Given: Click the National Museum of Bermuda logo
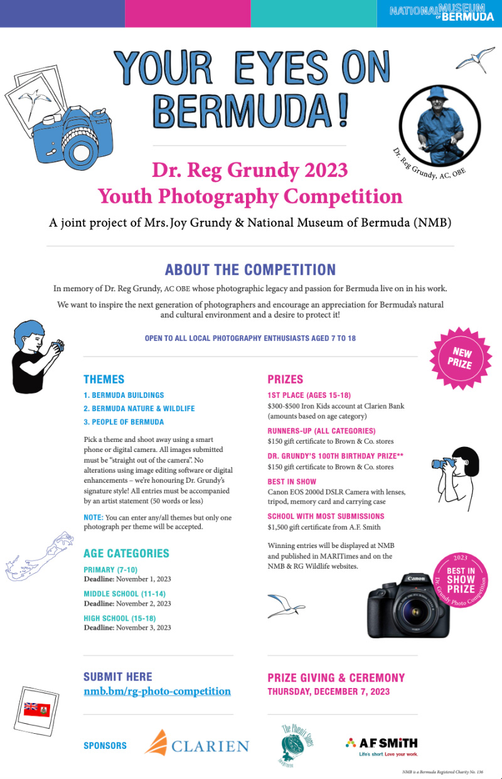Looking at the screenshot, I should tap(441, 13).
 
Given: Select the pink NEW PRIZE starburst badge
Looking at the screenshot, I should tap(459, 356).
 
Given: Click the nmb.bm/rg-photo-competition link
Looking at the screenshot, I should tap(157, 691).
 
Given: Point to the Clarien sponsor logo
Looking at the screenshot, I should tap(196, 744).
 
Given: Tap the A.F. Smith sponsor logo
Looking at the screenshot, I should tap(381, 744).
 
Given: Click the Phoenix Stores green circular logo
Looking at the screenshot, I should tap(297, 745).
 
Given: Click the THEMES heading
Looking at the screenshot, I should tap(104, 379).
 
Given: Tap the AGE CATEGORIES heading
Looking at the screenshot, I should tap(126, 553).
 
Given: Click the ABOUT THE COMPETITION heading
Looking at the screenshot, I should tap(250, 270).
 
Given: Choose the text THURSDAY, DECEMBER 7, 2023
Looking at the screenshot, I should tap(328, 692).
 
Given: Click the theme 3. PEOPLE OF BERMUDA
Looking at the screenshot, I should tap(124, 422).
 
